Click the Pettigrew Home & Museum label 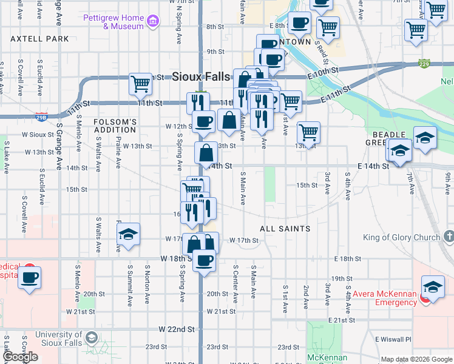pos(113,22)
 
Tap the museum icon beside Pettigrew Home pos(153,22)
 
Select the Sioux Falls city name pos(201,76)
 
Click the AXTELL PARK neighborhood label pos(39,39)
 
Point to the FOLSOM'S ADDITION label pos(115,126)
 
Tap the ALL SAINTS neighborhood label pos(285,229)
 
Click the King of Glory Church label pos(402,237)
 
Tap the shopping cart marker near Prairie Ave pos(141,83)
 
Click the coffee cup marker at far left pos(29,277)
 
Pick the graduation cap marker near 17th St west pos(128,234)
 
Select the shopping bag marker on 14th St pos(206,152)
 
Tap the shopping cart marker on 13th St pos(309,132)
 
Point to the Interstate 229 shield pos(424,63)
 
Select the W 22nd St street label pos(177,329)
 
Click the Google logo pos(20,357)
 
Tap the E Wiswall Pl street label pos(393,339)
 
